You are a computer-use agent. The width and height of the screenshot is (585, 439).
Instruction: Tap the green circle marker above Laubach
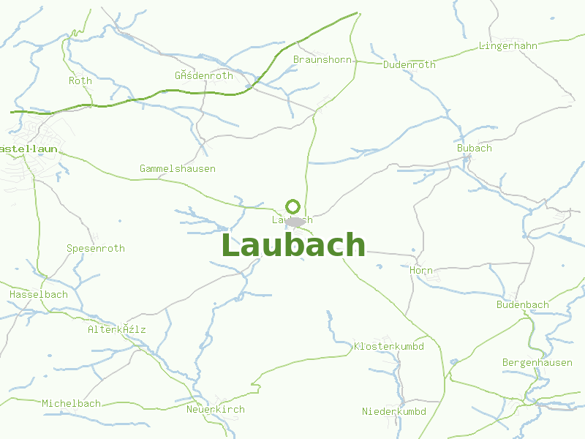point(293,206)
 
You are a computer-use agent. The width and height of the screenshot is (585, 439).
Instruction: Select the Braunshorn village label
point(322,59)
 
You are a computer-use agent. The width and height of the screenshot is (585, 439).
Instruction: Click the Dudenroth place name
point(409,64)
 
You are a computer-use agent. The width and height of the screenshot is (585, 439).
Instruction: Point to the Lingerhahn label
point(508,45)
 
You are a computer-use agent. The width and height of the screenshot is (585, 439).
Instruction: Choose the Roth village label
point(80,80)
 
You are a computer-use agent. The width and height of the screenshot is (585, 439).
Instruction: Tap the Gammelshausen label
point(178,168)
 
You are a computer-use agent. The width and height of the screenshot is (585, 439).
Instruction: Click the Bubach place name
point(475,148)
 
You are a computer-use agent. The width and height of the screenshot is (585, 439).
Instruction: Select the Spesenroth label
point(96,248)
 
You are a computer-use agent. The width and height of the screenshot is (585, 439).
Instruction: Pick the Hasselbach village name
point(39,294)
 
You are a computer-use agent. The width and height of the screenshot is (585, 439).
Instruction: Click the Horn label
point(422,270)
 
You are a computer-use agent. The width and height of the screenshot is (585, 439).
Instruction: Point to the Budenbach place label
point(523,304)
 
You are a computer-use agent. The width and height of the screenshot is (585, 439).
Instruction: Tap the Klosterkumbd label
point(389,345)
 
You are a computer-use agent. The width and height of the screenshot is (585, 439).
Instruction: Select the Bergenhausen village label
point(537,363)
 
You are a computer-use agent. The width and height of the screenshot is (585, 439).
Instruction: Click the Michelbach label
point(72,403)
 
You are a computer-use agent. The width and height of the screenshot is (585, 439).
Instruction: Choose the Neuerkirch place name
point(216,409)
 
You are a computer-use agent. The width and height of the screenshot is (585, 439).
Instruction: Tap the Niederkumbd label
point(394,411)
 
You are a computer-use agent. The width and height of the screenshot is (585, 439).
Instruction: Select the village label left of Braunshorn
point(204,75)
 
